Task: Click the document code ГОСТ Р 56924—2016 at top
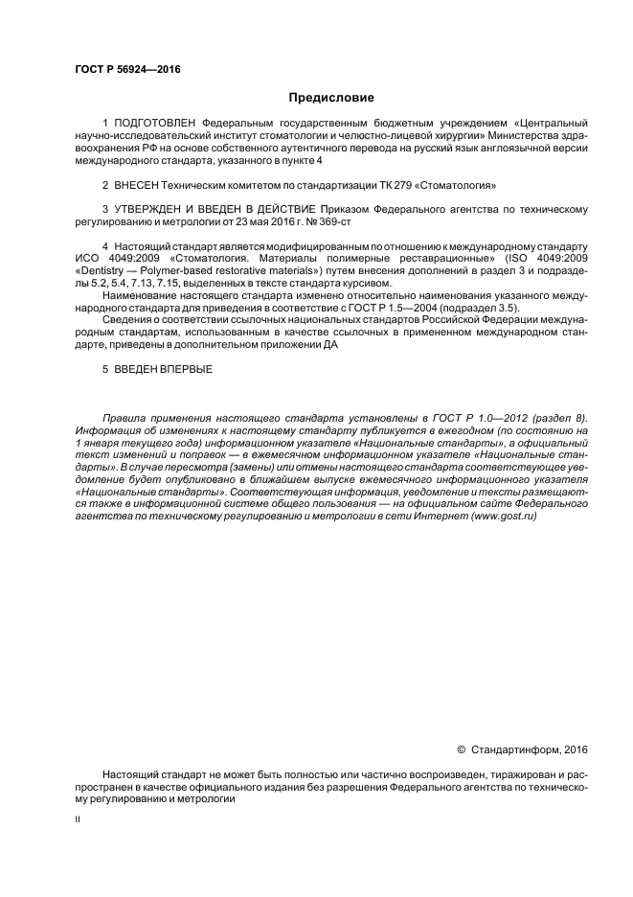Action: pos(126,69)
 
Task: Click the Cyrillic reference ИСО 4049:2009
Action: pos(114,260)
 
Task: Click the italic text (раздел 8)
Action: pos(558,420)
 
